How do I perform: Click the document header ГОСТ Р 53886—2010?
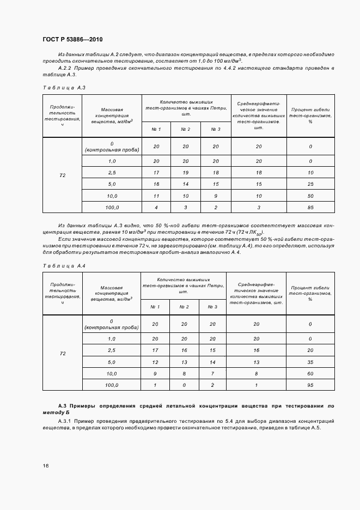[72, 40]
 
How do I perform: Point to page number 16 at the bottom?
[46, 466]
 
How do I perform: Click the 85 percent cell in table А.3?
[310, 207]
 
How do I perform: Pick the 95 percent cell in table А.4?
[310, 385]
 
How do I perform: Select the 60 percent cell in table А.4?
[310, 373]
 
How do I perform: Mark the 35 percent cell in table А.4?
[310, 361]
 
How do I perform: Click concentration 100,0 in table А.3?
[112, 207]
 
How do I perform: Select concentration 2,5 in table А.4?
[112, 350]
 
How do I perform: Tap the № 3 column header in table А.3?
[216, 129]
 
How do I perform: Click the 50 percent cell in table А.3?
[310, 195]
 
